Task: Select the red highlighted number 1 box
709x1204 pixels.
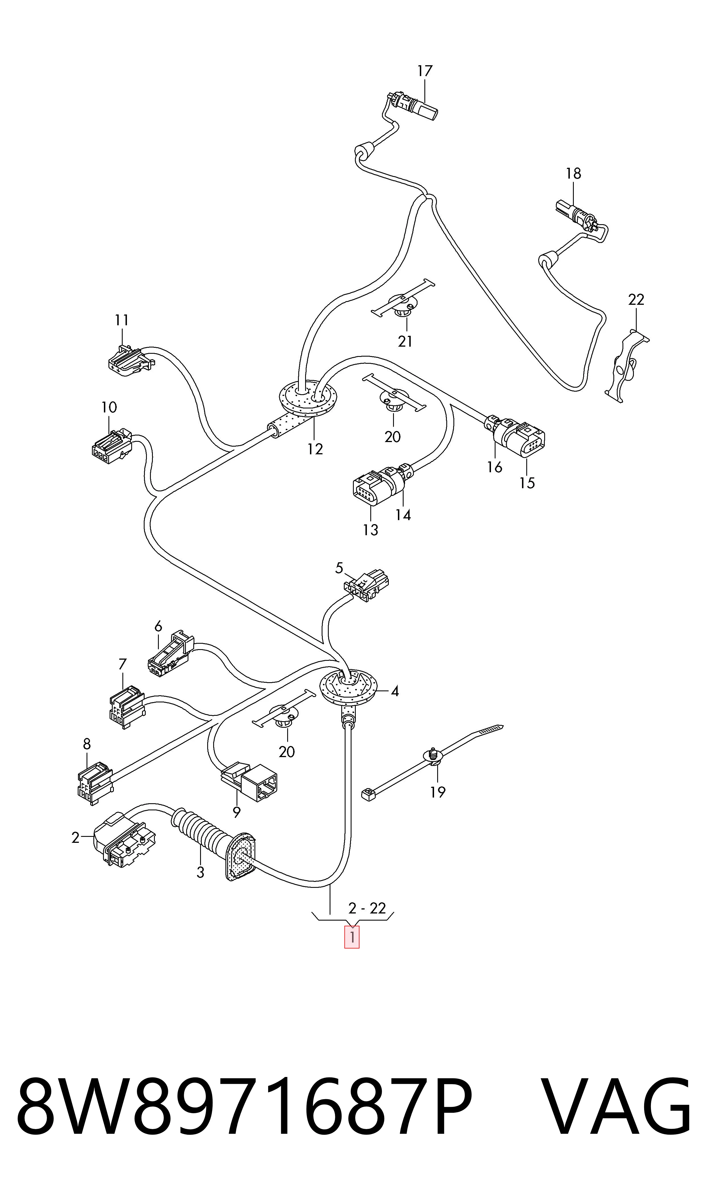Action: point(352,937)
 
